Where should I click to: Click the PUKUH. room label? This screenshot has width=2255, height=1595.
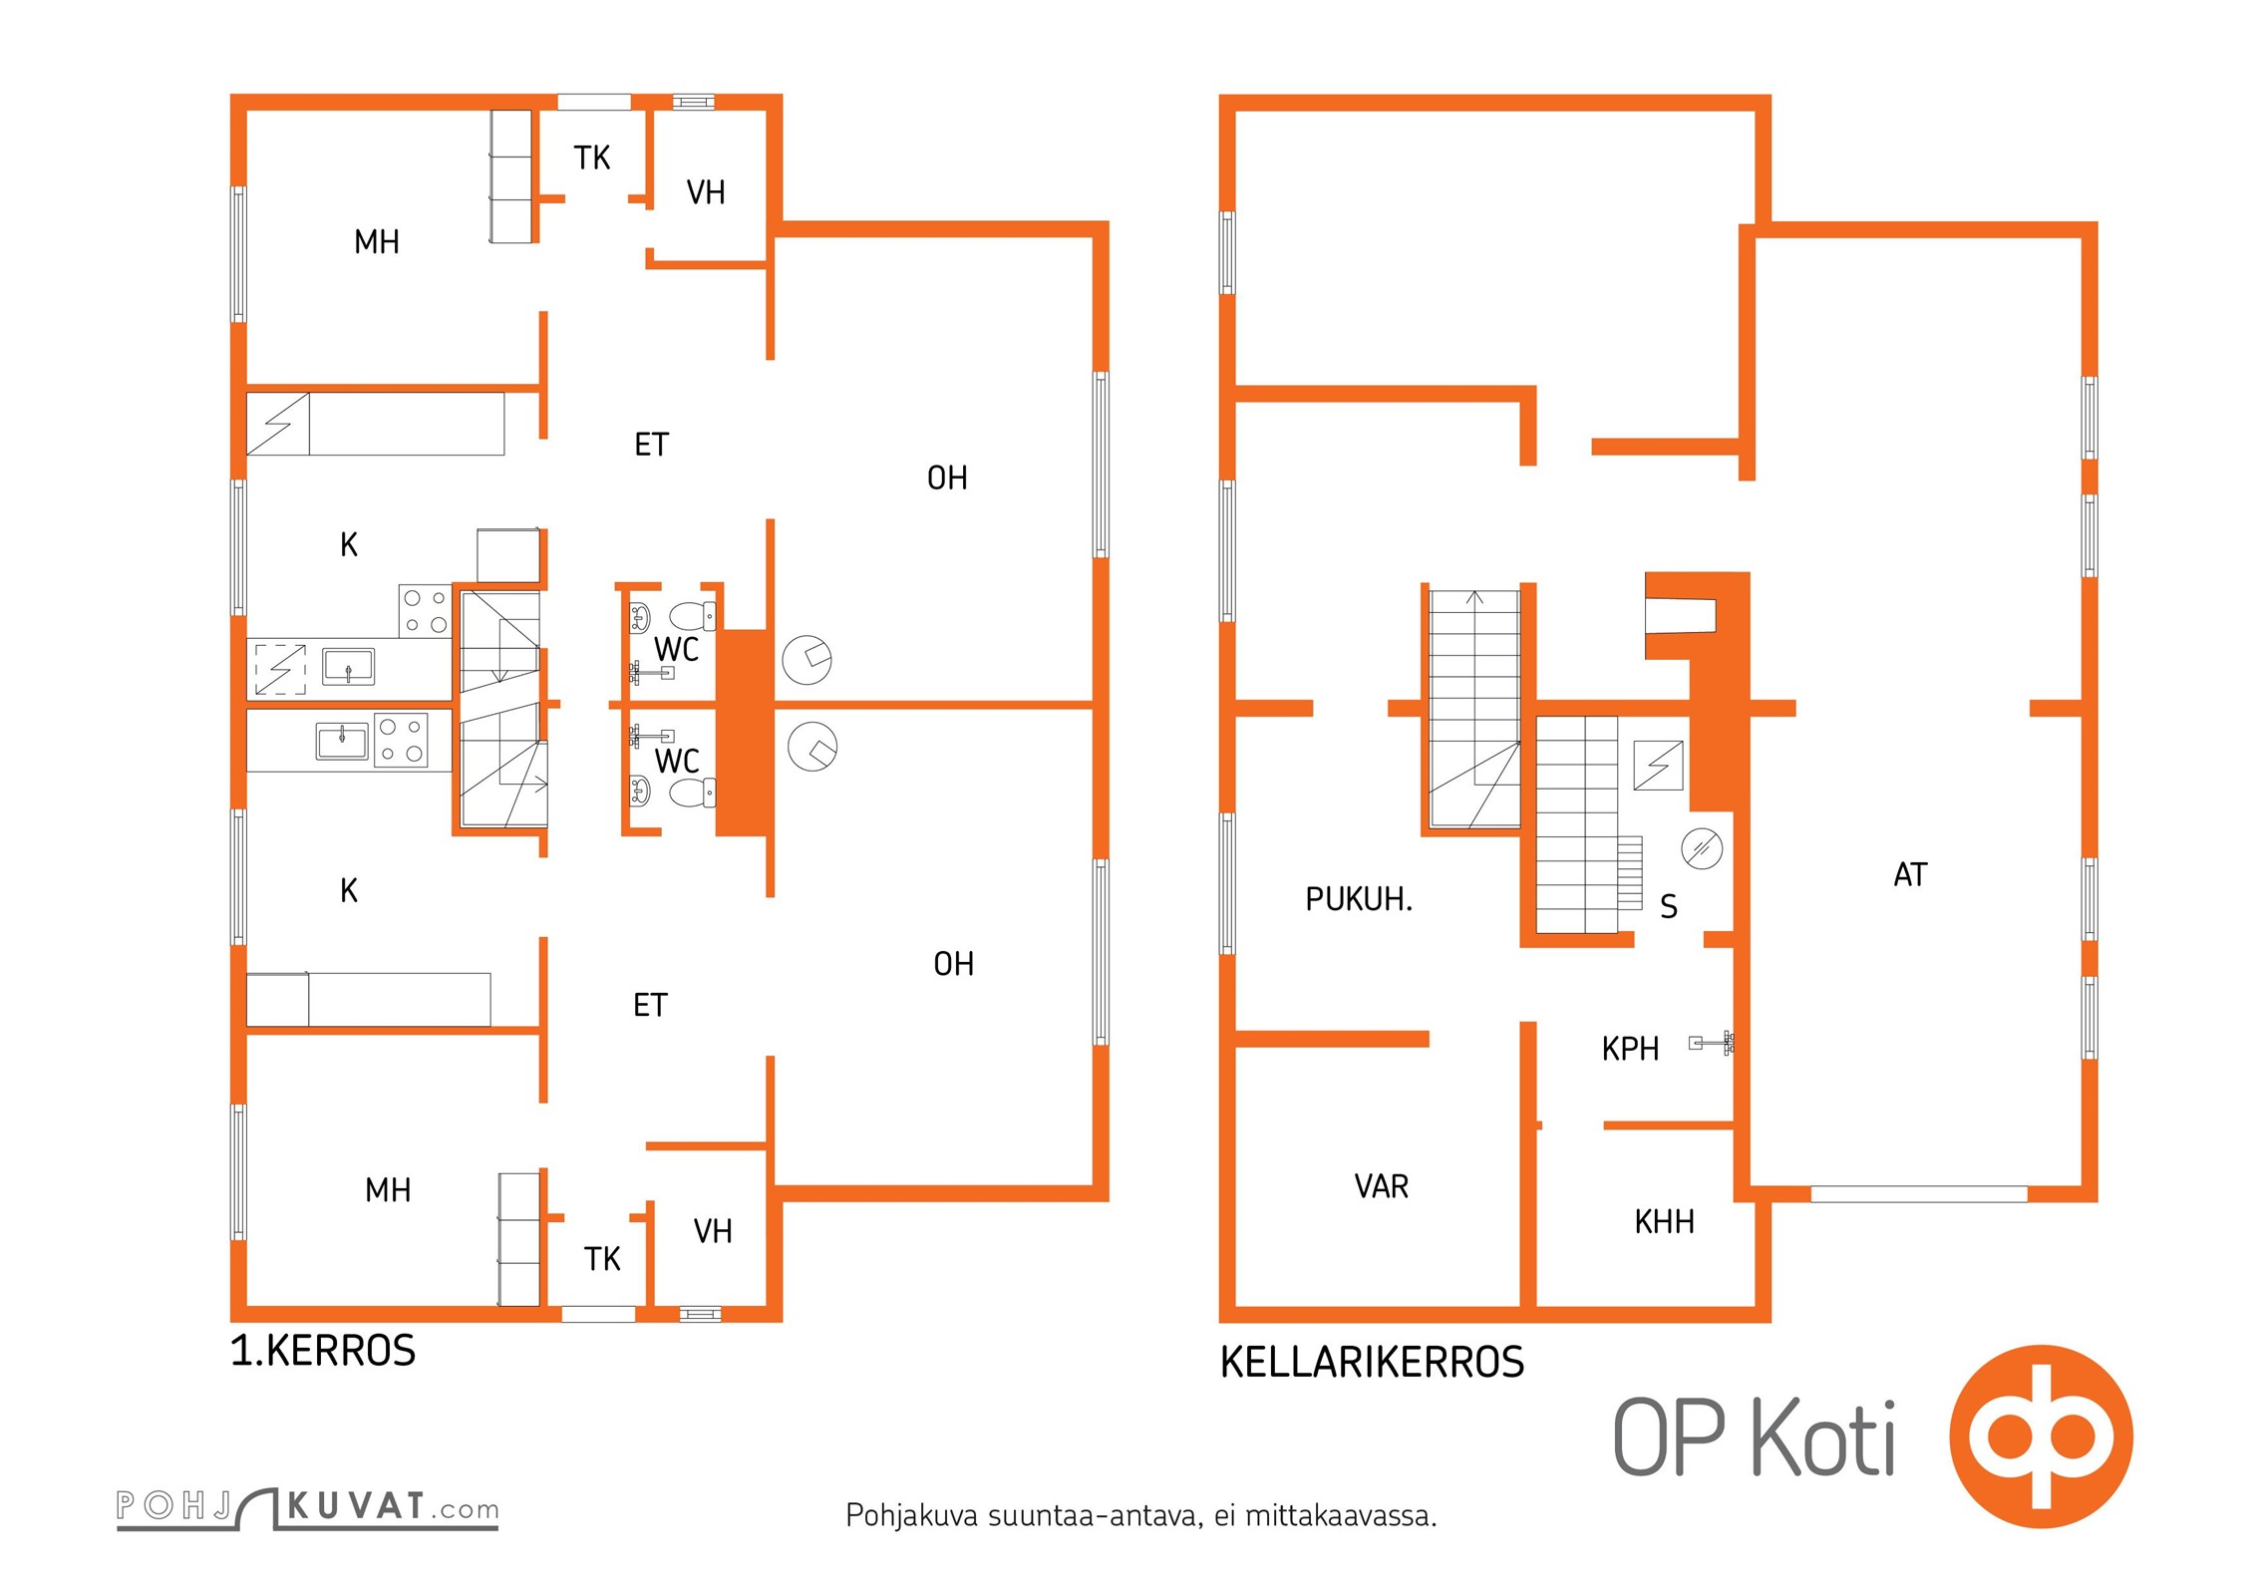[x=1359, y=899]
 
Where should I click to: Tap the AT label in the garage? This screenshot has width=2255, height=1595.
[x=1910, y=874]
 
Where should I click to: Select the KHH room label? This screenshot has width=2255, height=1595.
[x=1664, y=1221]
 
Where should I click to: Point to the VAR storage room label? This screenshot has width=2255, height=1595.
[x=1382, y=1186]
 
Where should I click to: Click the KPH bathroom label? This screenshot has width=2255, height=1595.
[x=1630, y=1049]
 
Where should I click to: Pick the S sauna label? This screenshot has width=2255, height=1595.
[x=1669, y=906]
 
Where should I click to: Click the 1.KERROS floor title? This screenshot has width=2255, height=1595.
[x=323, y=1351]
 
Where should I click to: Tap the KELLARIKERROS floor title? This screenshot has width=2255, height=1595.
[x=1372, y=1362]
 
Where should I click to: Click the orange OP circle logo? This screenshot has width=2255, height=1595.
[x=2042, y=1436]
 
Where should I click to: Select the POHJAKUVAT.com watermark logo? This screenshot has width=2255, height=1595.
[x=307, y=1507]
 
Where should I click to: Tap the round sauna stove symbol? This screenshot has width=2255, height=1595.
[x=1702, y=848]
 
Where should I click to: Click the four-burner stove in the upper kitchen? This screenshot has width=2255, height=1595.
[x=425, y=611]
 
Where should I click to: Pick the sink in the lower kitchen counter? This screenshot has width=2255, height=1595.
[x=342, y=742]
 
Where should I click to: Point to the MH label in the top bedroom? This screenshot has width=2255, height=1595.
[x=377, y=241]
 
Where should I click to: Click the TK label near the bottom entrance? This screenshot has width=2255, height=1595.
[x=602, y=1259]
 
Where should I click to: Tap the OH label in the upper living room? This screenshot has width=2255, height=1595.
[x=947, y=478]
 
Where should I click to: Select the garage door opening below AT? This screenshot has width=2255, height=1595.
[x=1918, y=1194]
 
